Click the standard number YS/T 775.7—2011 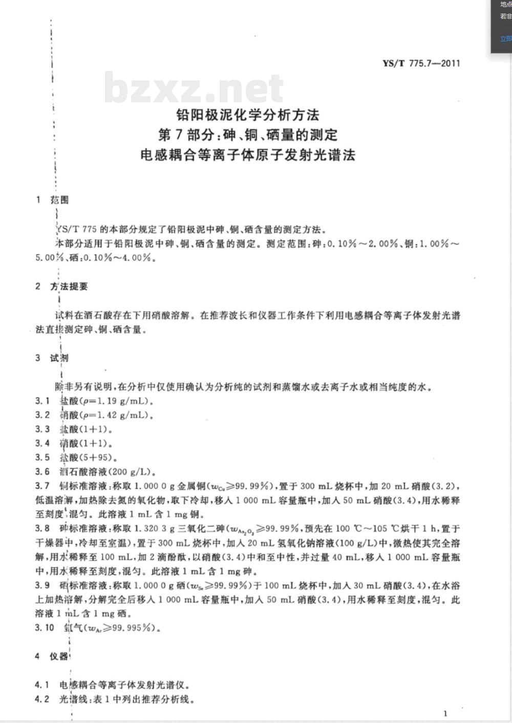click(421, 63)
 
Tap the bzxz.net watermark click(194, 88)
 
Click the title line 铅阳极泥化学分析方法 click(247, 114)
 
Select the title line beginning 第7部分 click(247, 135)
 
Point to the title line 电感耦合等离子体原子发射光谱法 click(247, 155)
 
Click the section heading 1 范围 click(52, 200)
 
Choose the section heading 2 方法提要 click(61, 287)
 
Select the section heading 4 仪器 click(52, 656)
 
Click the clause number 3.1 click(42, 401)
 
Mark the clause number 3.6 click(42, 472)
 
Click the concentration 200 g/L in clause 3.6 click(120, 472)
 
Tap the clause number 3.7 click(42, 486)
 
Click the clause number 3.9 click(42, 585)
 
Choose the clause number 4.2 click(42, 699)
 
